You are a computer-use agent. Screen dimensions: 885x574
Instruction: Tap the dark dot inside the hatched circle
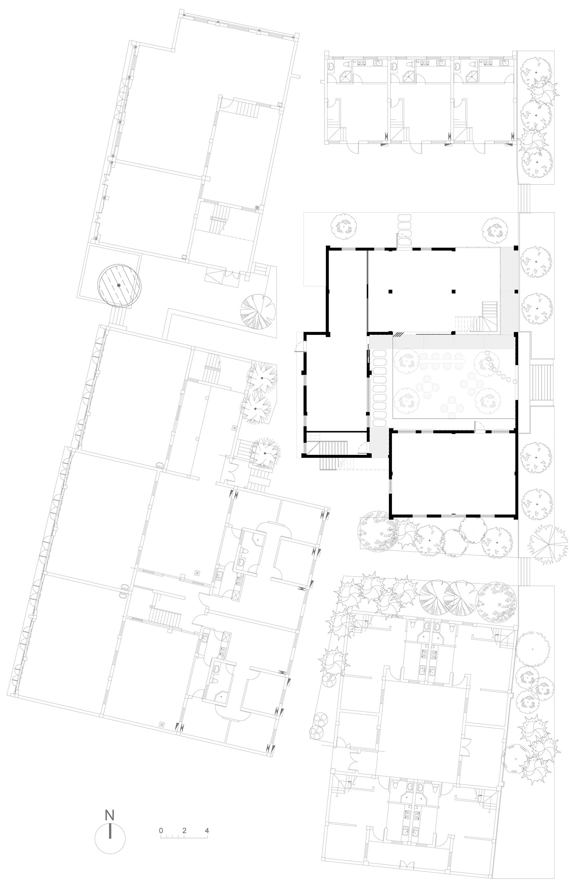coord(119,285)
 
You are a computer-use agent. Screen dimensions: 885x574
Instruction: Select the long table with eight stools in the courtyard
coord(442,361)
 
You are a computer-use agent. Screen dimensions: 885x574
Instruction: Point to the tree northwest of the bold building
coord(344,226)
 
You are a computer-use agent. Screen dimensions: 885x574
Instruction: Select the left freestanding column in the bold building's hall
coord(390,292)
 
